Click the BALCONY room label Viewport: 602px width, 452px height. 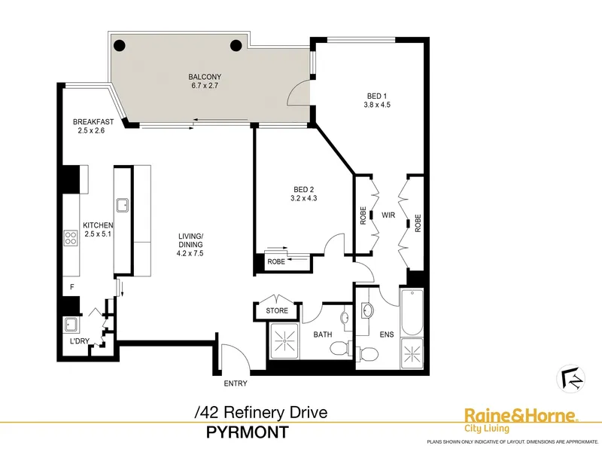(205, 77)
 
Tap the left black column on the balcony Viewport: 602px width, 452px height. (120, 46)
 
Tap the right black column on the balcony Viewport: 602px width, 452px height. (236, 46)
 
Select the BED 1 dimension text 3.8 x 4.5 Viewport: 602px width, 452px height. (377, 105)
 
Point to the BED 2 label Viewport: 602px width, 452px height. (304, 190)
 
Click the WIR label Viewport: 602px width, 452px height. (388, 215)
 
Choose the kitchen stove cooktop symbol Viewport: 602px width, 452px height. (71, 237)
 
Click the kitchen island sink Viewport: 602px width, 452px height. (123, 205)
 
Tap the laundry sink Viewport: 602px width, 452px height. (71, 325)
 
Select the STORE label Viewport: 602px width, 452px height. (277, 310)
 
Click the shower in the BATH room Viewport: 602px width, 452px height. (284, 341)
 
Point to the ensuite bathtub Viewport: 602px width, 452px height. (412, 313)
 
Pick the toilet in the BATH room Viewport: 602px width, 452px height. (340, 348)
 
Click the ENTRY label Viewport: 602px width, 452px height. (236, 383)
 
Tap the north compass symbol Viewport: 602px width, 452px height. (571, 379)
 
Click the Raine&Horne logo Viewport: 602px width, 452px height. (521, 420)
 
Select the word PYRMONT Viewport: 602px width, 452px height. (248, 432)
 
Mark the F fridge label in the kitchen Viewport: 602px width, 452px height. (71, 287)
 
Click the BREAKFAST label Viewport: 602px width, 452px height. (93, 122)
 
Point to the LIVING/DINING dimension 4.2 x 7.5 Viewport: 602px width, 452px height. (190, 253)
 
